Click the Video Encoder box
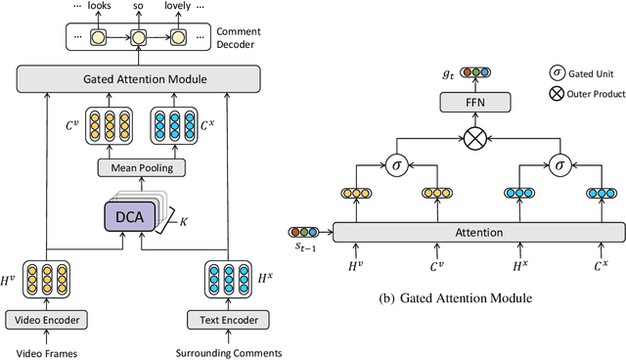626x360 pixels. click(46, 319)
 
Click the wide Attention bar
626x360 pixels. click(477, 232)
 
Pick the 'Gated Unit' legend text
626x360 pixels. click(596, 72)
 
